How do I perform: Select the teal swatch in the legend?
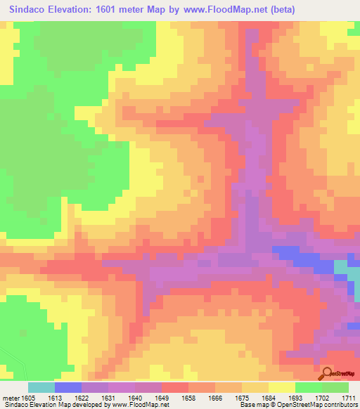tap(41, 387)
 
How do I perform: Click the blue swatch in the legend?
tap(68, 387)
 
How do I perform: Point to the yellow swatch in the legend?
tap(282, 387)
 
